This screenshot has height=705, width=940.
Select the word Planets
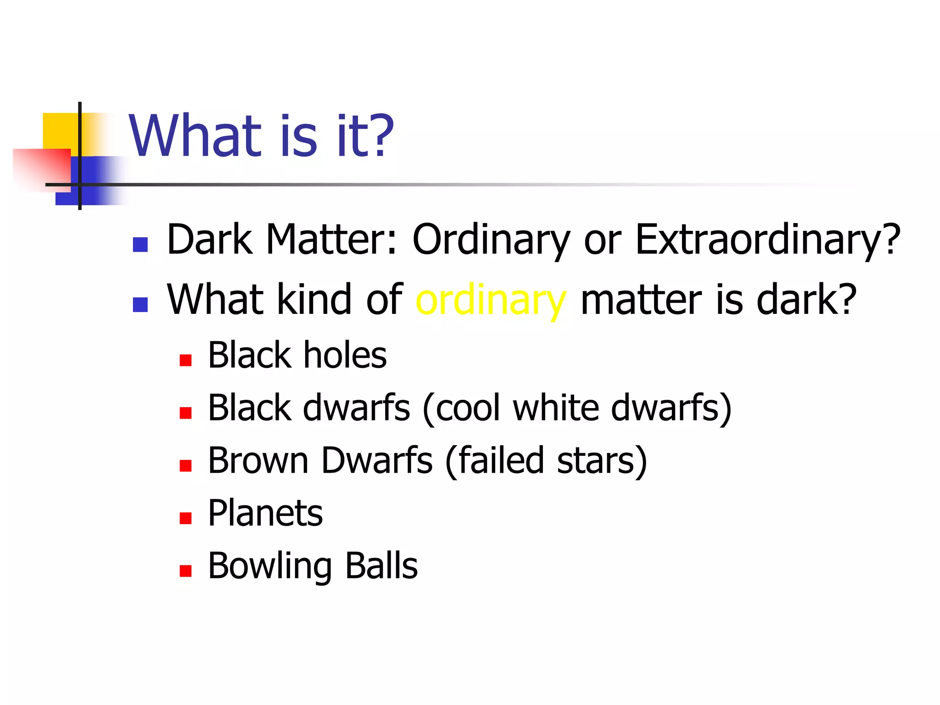(265, 513)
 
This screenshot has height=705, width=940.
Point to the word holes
(345, 356)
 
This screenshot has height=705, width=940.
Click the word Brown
(258, 460)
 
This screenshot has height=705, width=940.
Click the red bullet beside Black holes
(185, 360)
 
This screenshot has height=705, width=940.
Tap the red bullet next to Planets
(185, 518)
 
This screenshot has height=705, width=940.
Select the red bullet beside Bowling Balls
(185, 571)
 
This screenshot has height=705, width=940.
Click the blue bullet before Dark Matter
(140, 245)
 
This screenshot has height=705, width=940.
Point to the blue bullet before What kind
(140, 305)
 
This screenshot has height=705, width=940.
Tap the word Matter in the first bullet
(331, 241)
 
